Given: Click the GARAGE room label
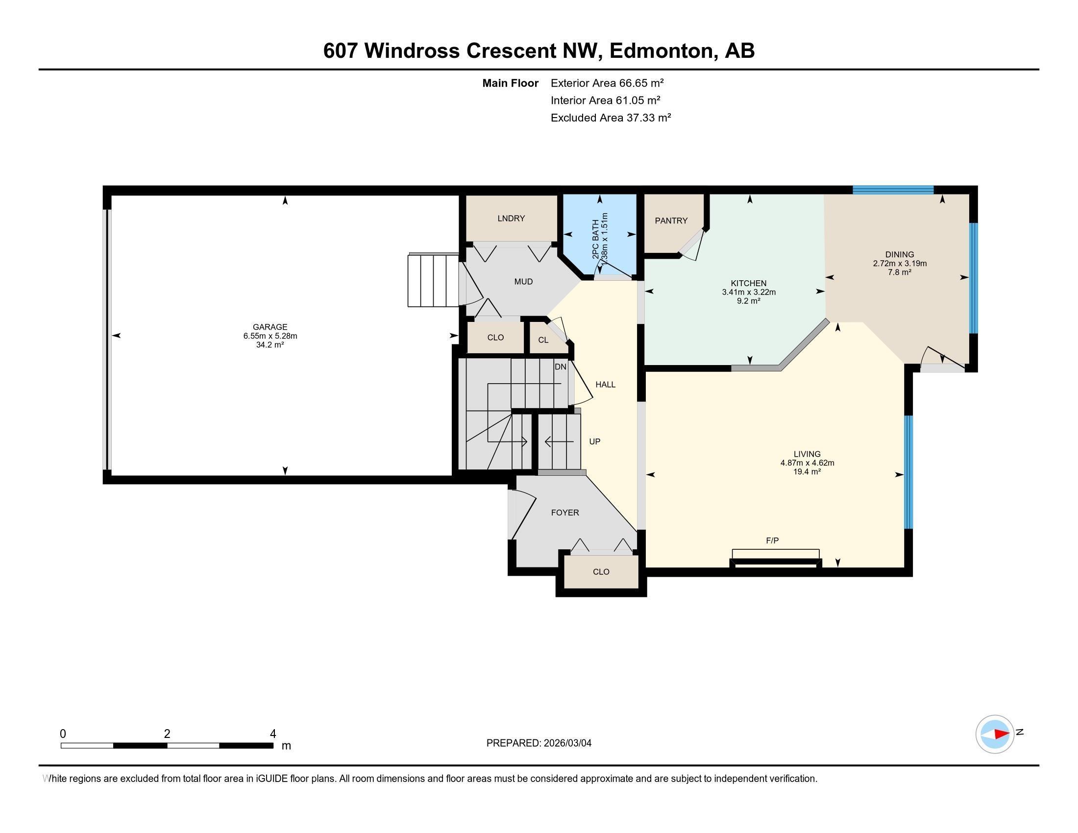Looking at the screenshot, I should coord(269,327).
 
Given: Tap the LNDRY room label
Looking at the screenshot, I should coord(511,218).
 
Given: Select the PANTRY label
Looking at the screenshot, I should coord(671,220).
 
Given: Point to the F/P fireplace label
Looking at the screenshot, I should coord(772,540).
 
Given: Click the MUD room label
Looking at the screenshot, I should coord(523,281).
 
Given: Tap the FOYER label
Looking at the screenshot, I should coord(564,512).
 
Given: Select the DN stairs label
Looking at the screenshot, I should coord(560,367).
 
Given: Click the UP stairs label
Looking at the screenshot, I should coord(594,441).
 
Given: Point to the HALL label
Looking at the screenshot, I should coord(605,385).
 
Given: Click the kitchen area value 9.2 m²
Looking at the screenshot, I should coord(748,300).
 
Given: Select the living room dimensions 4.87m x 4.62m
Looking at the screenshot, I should coord(807,463).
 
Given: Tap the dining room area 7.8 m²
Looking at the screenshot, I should coord(899,272).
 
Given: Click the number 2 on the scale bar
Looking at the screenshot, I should coord(167,734).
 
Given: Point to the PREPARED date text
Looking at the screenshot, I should coord(539,743).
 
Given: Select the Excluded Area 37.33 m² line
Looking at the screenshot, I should coord(611,118).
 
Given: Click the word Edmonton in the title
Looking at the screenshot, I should coord(663,51).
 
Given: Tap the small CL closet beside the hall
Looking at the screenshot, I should coord(543,340).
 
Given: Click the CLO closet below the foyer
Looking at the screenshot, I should coord(601,571).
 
